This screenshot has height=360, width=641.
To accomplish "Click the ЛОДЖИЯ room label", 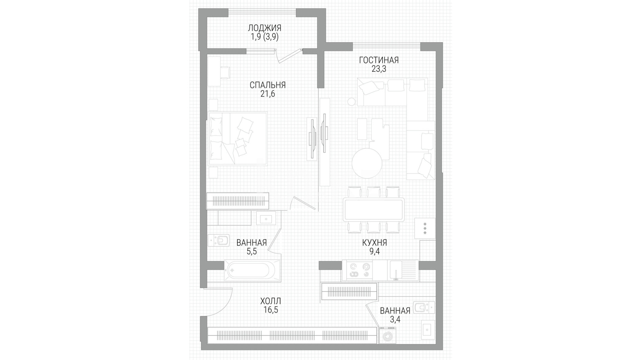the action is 264,28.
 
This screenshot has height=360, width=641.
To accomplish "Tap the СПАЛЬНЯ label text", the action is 267,85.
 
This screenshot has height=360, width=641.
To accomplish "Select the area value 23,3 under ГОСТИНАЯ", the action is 379,69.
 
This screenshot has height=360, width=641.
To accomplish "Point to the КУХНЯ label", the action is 375,243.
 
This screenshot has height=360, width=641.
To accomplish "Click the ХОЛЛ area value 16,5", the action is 270,310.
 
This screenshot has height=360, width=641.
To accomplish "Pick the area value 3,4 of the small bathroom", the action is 395,320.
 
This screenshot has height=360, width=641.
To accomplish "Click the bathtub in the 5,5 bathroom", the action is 253,270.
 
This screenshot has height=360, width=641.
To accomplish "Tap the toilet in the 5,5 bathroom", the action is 219,240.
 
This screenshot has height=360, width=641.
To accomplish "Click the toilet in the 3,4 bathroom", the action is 424,307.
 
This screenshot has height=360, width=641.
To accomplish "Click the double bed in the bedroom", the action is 237,138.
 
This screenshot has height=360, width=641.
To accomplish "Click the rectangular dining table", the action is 374,209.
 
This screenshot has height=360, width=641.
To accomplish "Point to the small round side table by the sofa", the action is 352,102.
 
